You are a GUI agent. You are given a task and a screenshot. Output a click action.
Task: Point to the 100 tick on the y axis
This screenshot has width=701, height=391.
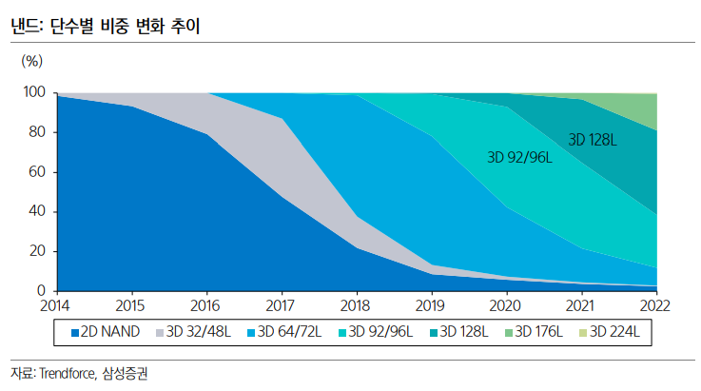pyautogui.click(x=33, y=92)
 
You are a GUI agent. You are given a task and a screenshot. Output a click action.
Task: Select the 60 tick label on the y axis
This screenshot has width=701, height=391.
pyautogui.click(x=36, y=172)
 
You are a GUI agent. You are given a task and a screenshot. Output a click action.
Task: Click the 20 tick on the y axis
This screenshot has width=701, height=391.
pyautogui.click(x=36, y=251)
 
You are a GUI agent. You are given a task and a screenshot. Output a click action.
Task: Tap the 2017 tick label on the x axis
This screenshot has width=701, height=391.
pyautogui.click(x=282, y=305)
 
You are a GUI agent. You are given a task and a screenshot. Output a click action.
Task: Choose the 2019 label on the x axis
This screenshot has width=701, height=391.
pyautogui.click(x=432, y=305)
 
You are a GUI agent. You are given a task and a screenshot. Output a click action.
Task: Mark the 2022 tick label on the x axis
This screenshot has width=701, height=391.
pyautogui.click(x=655, y=305)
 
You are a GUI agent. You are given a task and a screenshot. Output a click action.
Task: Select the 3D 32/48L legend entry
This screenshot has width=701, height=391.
pyautogui.click(x=195, y=332)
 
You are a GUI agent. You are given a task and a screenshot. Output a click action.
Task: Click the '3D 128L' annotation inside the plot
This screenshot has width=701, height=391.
pyautogui.click(x=593, y=140)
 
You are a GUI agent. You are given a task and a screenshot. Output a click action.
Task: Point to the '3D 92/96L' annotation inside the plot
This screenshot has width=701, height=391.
pyautogui.click(x=519, y=158)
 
